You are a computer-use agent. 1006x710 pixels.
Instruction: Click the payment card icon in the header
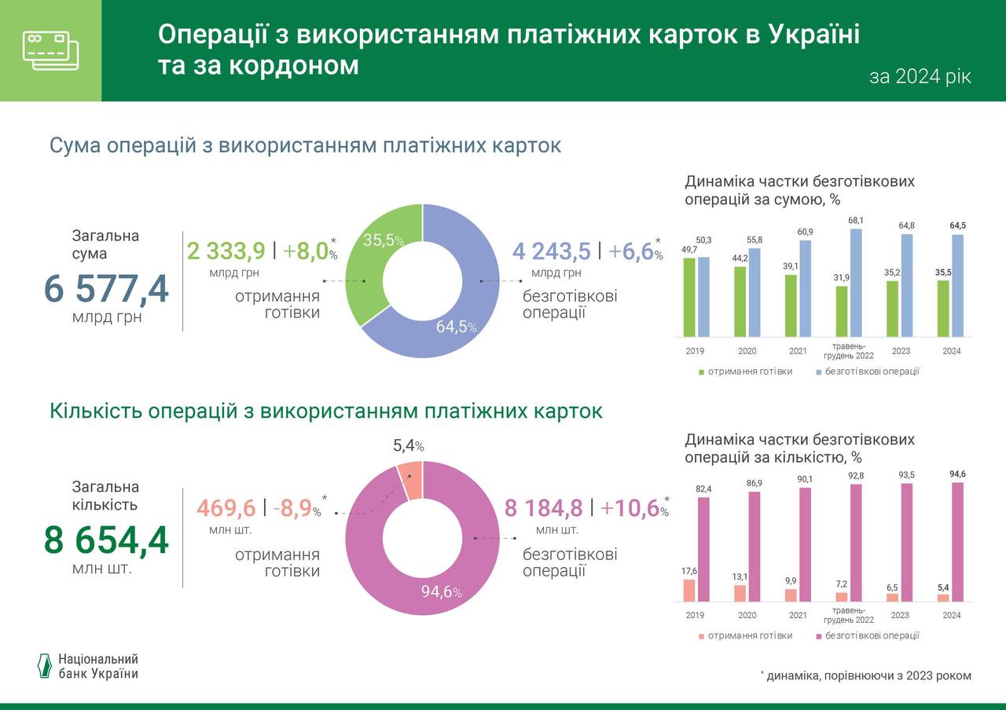tap(50, 50)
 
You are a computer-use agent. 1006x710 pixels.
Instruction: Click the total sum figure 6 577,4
tap(106, 289)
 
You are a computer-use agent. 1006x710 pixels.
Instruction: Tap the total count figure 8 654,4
tap(106, 540)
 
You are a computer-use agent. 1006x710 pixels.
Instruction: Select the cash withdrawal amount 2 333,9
tap(226, 251)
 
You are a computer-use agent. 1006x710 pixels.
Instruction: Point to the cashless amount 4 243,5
tap(551, 251)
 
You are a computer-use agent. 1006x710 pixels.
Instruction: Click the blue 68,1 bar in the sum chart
tap(856, 283)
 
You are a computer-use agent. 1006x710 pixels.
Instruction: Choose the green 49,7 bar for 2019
tap(689, 297)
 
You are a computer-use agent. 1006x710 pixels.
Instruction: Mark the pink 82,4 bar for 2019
tap(703, 549)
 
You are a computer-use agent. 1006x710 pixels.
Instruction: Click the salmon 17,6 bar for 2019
tap(689, 590)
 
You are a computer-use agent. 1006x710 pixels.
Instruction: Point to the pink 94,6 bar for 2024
tap(957, 542)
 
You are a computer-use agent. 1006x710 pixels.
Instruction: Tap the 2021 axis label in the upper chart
tap(798, 351)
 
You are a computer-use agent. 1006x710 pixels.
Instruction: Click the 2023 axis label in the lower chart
tap(900, 616)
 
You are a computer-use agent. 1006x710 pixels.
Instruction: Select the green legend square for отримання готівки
tap(701, 371)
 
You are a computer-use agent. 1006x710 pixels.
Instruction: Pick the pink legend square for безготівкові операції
tap(818, 636)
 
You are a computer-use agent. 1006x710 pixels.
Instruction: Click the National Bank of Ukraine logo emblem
tap(45, 665)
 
